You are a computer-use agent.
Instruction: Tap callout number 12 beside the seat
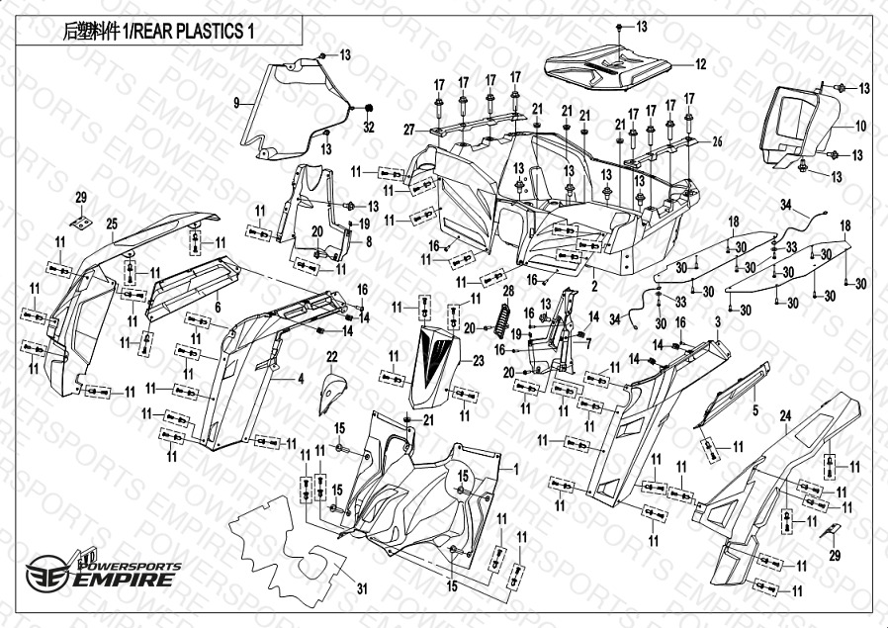[700, 65]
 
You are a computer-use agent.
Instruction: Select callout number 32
[369, 128]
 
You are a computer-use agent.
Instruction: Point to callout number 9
[237, 102]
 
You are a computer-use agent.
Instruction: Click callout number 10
[860, 127]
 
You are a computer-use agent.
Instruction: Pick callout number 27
[408, 130]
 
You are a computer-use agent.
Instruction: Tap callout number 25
[112, 224]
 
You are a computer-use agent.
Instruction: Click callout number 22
[332, 356]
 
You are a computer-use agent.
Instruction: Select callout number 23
[479, 362]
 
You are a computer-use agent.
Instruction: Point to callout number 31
[362, 590]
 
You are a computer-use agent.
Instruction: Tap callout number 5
[755, 409]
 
